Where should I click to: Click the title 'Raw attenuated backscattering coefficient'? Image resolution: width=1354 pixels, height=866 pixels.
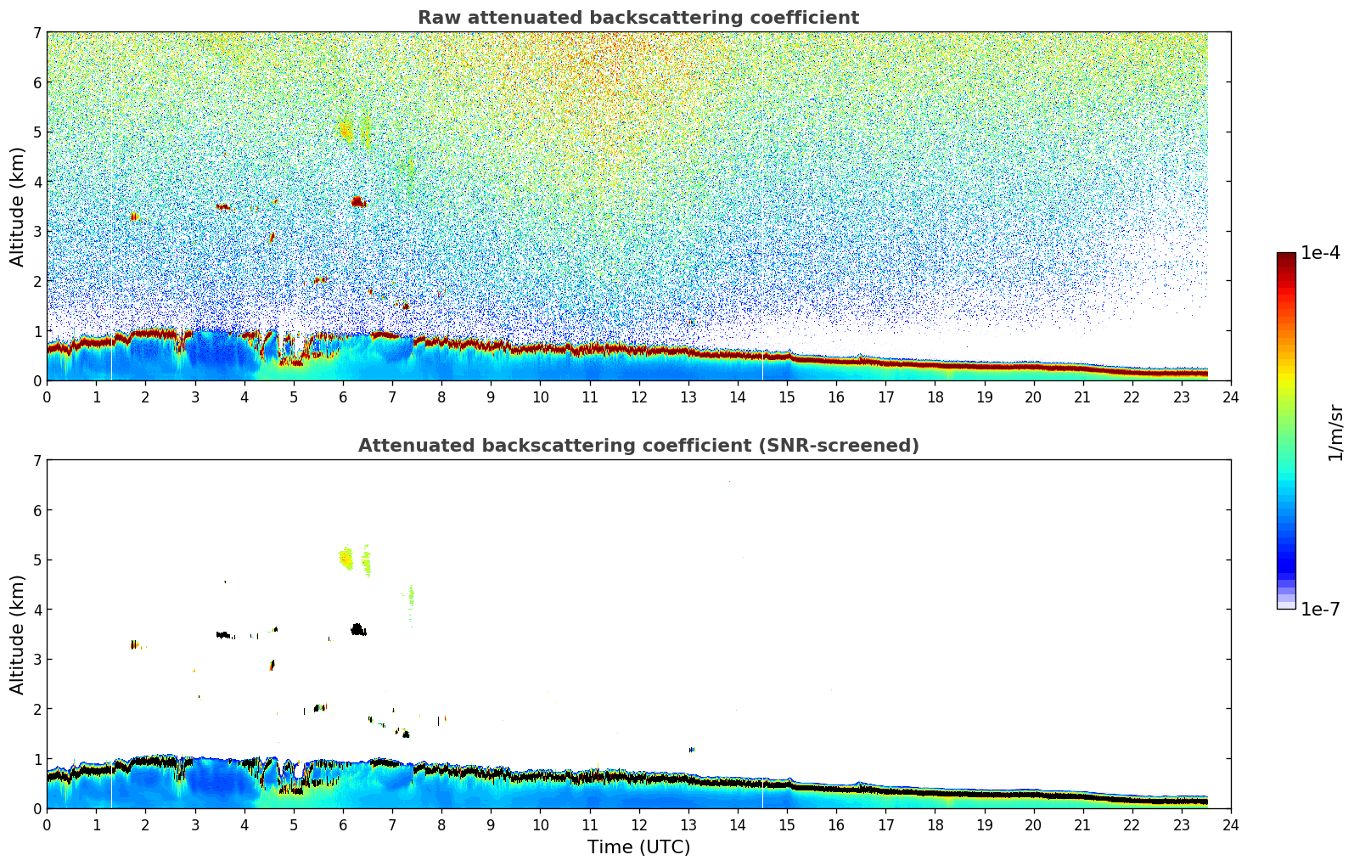pos(638,18)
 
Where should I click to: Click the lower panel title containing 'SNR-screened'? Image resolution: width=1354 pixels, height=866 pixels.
pos(638,446)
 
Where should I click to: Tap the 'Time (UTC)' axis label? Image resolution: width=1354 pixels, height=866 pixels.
pos(638,847)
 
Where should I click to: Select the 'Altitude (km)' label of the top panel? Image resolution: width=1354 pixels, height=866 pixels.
pos(18,206)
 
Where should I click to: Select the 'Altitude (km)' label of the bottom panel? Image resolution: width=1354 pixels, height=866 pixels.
pos(18,634)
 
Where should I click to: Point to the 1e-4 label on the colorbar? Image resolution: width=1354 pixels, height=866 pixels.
pos(1320,253)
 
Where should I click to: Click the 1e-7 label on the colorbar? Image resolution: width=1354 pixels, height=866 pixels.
pos(1320,610)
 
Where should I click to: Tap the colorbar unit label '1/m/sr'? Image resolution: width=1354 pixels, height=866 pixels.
pos(1335,432)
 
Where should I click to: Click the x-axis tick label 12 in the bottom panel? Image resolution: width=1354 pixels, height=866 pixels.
pos(638,825)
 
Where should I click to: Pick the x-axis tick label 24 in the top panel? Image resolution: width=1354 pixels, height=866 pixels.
pos(1230,397)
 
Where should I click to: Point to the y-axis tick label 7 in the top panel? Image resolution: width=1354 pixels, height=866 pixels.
pos(37,33)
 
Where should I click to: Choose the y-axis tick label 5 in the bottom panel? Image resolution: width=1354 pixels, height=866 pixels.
pos(37,560)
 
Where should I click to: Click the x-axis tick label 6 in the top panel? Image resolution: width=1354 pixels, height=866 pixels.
pos(343,397)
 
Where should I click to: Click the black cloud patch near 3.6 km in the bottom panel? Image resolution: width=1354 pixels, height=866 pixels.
pos(357,630)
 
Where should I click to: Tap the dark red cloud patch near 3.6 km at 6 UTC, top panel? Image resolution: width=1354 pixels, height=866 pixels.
pos(357,202)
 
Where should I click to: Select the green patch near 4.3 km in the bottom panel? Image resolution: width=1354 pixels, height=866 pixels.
pos(411,595)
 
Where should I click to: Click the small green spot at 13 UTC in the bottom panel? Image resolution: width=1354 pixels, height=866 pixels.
pos(692,750)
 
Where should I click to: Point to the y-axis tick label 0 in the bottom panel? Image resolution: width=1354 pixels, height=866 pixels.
pos(37,808)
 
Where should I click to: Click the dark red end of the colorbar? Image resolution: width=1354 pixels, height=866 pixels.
pos(1286,256)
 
